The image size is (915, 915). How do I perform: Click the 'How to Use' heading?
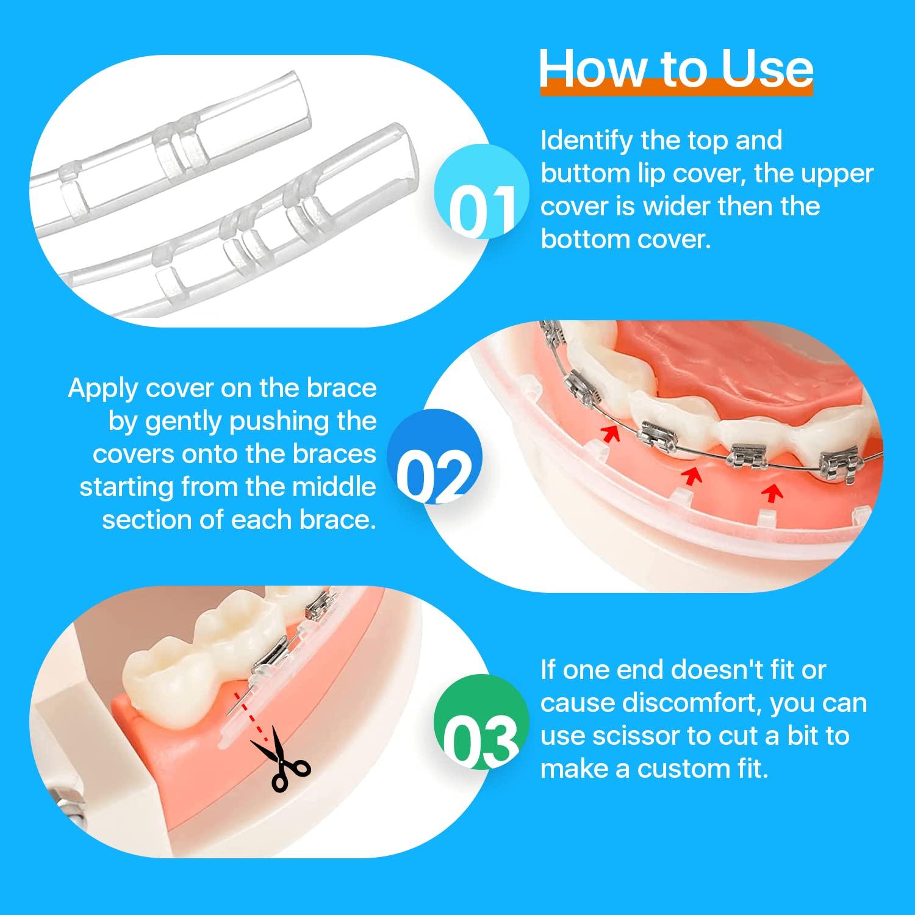tap(676, 68)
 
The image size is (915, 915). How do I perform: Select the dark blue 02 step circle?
tap(435, 457)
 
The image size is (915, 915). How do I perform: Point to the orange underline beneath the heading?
tap(676, 90)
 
